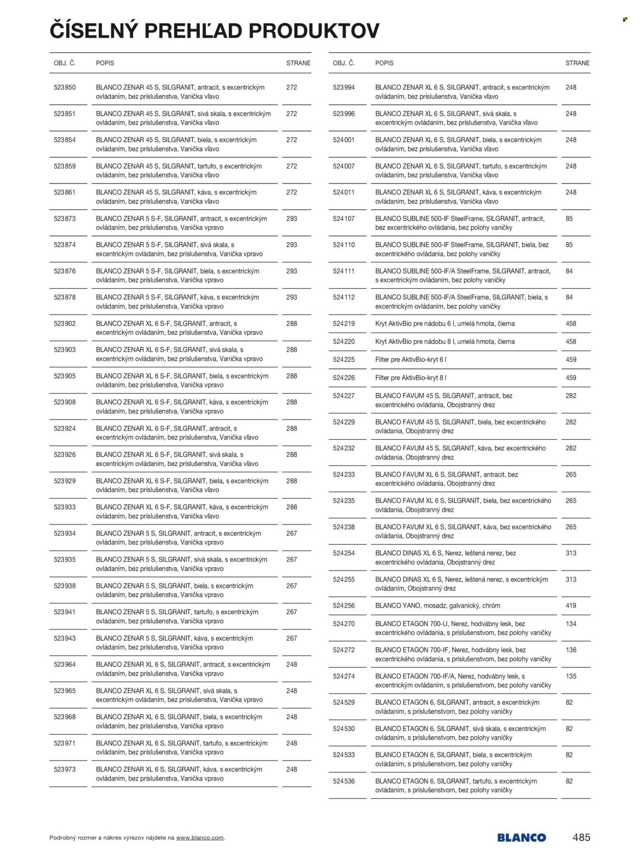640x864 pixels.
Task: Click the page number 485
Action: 581,837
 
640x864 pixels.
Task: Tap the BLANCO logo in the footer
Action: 521,838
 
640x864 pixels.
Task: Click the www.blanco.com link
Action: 200,838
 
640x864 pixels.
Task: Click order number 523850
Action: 65,88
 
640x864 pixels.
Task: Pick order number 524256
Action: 344,606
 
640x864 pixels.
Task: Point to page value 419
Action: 571,606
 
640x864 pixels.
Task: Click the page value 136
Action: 571,650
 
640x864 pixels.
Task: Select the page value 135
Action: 571,676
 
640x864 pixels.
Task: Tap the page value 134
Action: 571,624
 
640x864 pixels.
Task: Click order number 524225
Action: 344,360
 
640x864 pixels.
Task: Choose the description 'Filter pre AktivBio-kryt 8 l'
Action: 411,378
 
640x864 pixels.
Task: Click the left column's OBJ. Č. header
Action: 65,63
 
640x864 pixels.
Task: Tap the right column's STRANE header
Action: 578,63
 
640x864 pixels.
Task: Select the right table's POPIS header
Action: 385,63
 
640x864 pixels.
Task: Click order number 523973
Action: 65,769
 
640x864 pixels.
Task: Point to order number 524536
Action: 344,781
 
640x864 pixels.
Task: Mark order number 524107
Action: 344,219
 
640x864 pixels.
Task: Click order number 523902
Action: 65,323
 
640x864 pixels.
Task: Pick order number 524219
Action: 344,323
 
